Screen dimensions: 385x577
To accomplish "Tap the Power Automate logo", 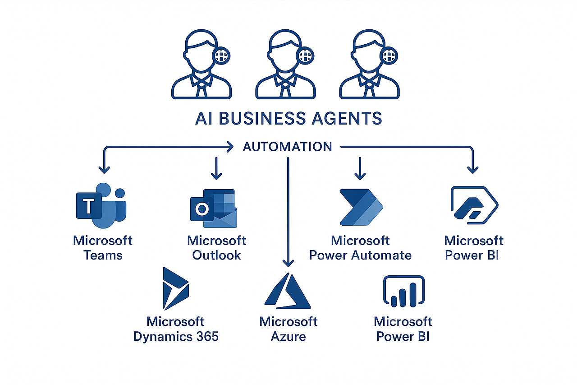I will coord(361,207).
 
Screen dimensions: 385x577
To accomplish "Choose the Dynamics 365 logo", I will coord(175,289).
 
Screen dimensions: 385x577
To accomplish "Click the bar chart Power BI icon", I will coord(403,291).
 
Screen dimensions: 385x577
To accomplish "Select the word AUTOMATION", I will coord(287,147).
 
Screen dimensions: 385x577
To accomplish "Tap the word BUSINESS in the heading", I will coord(256,118).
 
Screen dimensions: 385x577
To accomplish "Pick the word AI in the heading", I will coord(203,118).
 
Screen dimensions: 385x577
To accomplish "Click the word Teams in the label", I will coord(103,255).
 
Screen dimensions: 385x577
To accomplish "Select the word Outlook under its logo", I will coord(217,255).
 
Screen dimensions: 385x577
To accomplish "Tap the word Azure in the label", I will coord(288,336).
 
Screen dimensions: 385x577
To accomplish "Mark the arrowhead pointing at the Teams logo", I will coord(104,170).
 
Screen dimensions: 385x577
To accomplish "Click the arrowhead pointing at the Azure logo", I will coord(288,263).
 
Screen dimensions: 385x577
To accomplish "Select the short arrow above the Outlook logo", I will coord(217,168).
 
